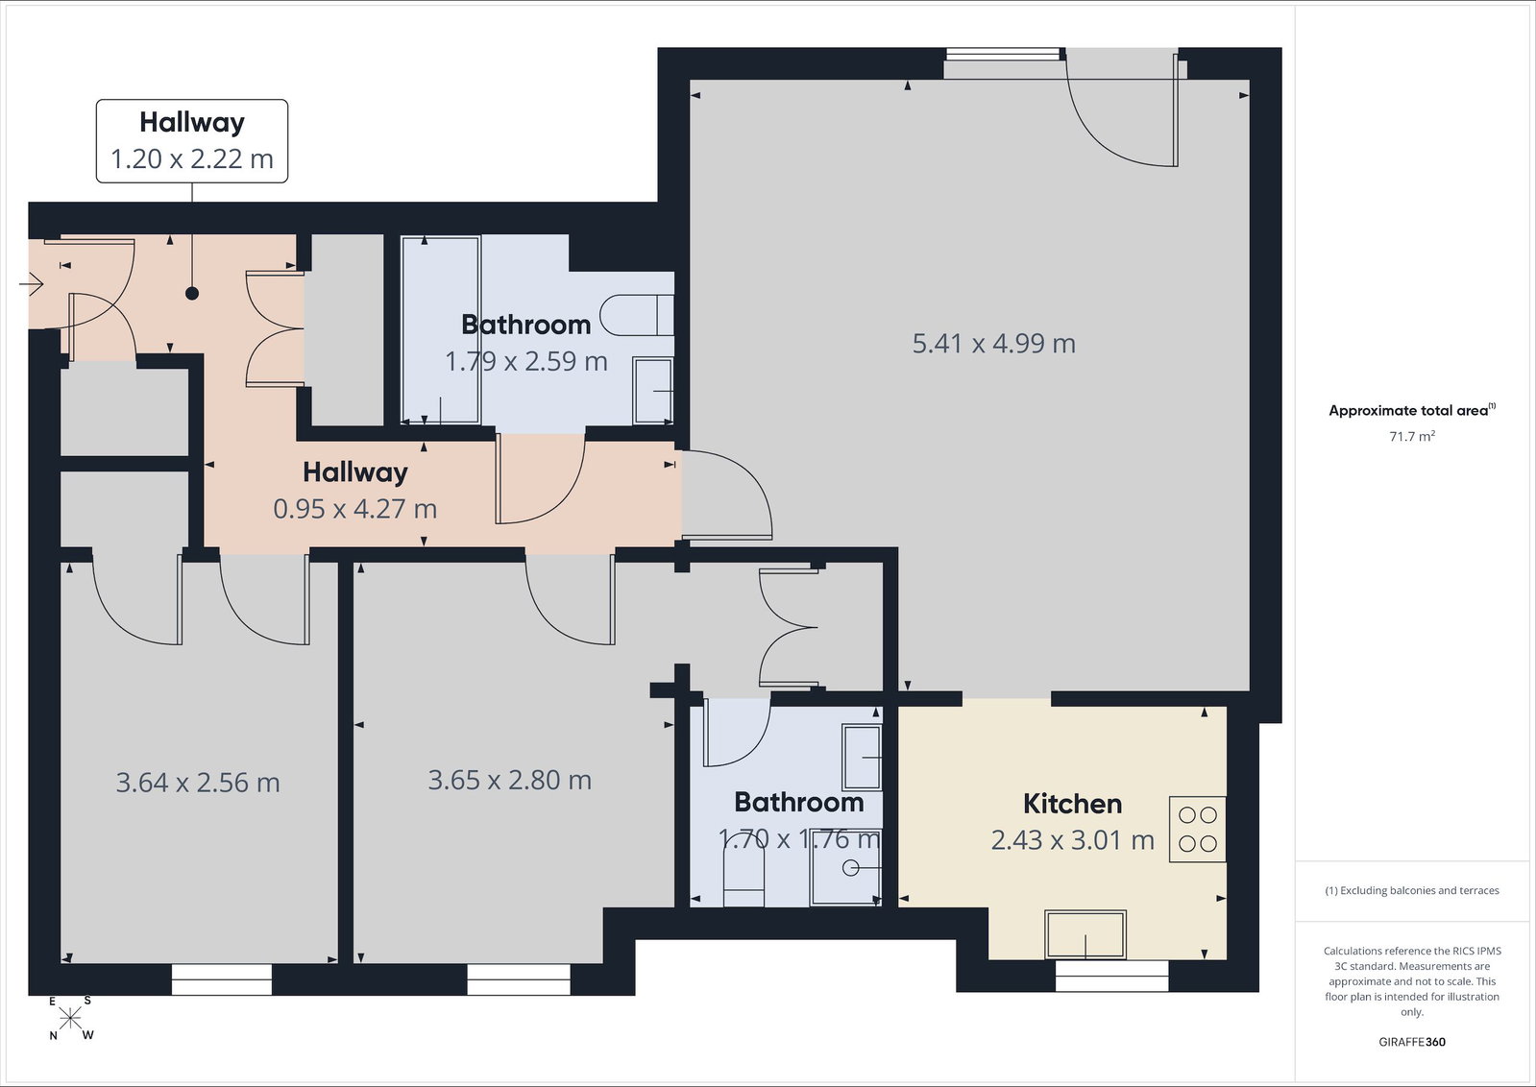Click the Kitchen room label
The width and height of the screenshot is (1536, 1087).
point(1072,804)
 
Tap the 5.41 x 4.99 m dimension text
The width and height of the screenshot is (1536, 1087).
point(993,344)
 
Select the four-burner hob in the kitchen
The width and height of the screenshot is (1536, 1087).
point(1197,830)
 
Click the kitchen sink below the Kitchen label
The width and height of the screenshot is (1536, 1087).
point(1085,934)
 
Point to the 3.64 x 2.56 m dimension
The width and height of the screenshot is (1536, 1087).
point(198,783)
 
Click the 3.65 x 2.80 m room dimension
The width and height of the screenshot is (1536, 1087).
point(509,780)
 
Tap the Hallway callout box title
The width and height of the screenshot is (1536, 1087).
point(192,123)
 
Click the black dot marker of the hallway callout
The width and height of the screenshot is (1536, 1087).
point(192,293)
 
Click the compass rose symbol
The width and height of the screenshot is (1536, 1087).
point(70,1019)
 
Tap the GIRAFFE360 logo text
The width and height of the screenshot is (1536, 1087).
point(1412,1042)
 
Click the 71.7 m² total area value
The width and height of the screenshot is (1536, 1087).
point(1412,436)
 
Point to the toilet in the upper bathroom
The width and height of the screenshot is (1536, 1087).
point(636,315)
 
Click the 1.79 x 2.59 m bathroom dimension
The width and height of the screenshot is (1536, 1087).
point(526,361)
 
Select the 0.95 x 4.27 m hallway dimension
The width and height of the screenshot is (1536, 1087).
point(354,509)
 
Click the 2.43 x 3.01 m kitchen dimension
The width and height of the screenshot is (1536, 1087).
point(1072,840)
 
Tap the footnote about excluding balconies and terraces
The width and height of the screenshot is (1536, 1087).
point(1412,890)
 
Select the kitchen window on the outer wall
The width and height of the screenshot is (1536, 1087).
point(1111,976)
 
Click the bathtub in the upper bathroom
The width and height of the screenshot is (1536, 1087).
point(440,329)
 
